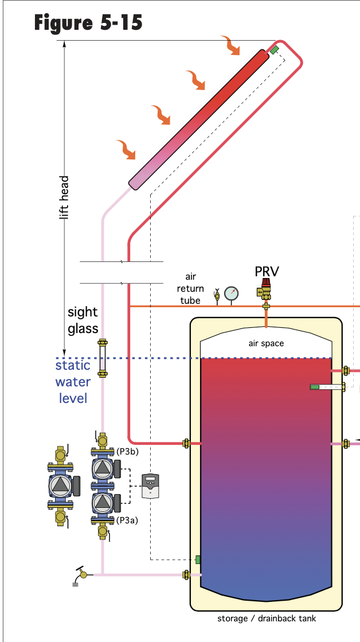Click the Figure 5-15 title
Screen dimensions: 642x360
(x=88, y=23)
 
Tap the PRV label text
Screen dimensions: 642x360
(x=267, y=271)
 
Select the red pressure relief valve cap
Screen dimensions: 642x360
(x=266, y=283)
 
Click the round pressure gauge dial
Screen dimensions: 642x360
(x=232, y=293)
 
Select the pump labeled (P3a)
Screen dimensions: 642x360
(x=103, y=503)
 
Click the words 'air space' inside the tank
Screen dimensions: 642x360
(x=266, y=343)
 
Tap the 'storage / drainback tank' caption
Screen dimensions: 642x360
(x=266, y=618)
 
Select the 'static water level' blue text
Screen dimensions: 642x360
(x=73, y=381)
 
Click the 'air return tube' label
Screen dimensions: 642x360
(x=190, y=288)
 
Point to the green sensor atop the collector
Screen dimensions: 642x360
(x=275, y=49)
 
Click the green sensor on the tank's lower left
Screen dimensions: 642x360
(x=198, y=559)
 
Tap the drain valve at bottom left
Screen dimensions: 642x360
(x=83, y=573)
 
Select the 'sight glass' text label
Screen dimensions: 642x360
(x=83, y=320)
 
